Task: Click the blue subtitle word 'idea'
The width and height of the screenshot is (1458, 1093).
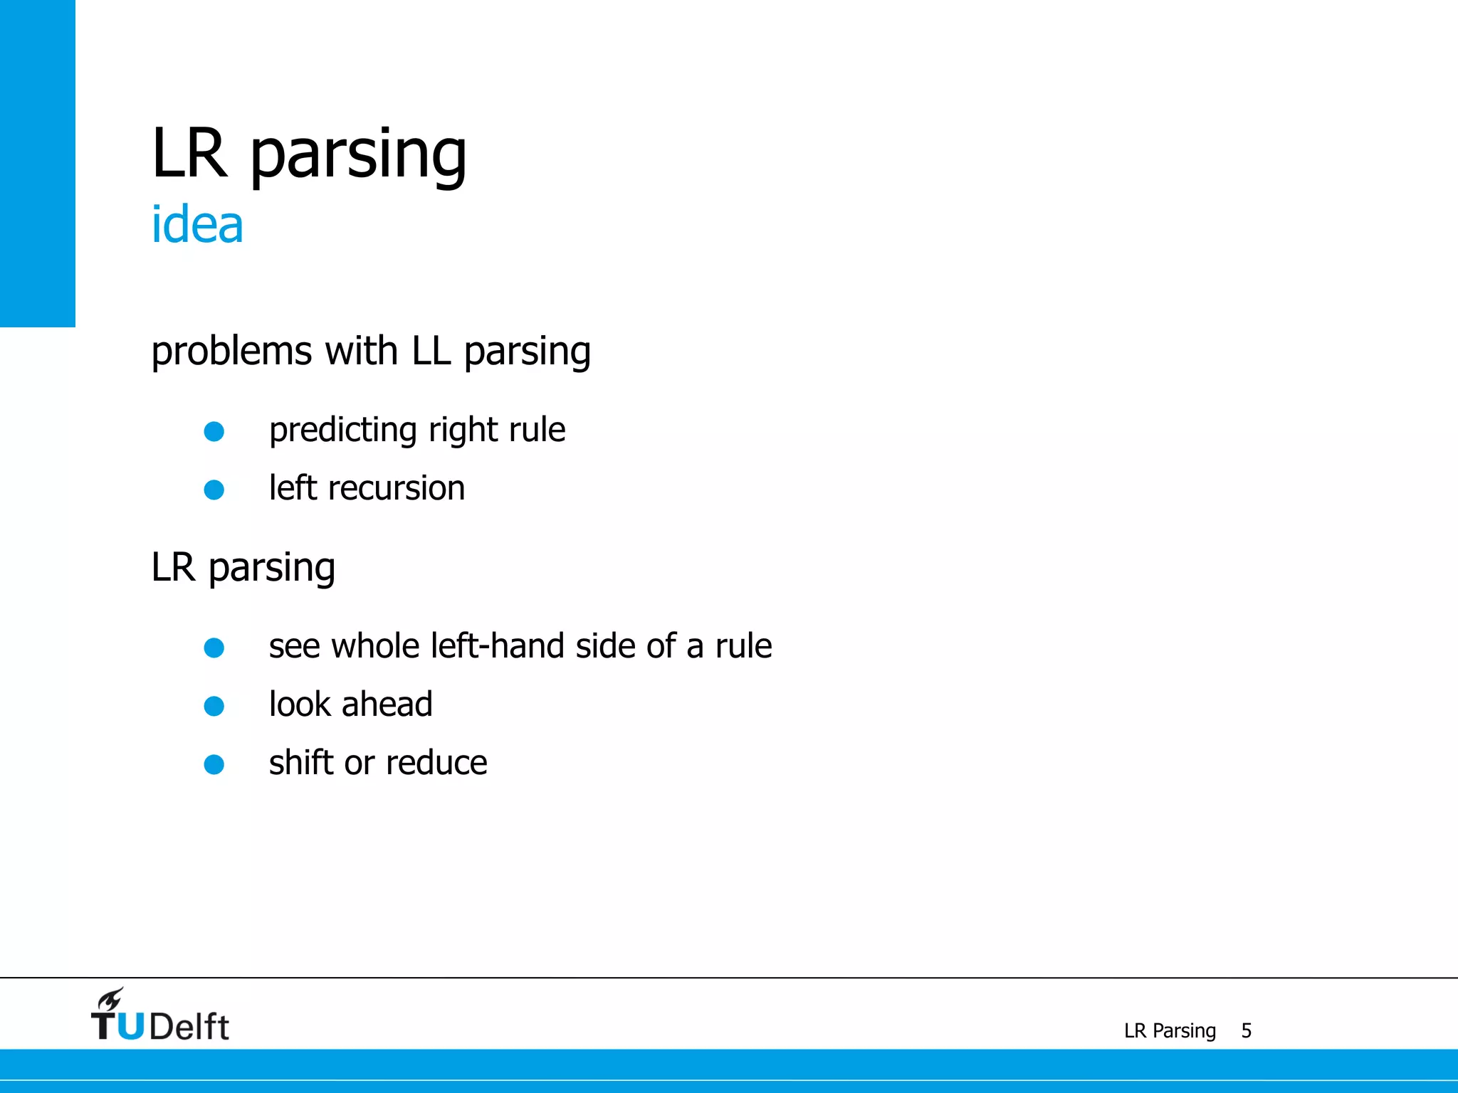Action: [197, 225]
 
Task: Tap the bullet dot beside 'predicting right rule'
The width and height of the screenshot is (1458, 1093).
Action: [214, 431]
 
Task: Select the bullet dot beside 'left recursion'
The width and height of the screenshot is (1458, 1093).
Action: [214, 490]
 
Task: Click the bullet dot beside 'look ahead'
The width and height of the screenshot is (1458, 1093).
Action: [214, 706]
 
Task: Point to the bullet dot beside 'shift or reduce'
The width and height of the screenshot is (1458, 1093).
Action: [214, 764]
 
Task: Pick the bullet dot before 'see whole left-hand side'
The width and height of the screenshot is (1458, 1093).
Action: [214, 648]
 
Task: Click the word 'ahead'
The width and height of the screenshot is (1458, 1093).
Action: [387, 704]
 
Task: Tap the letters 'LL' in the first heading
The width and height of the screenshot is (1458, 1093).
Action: [431, 351]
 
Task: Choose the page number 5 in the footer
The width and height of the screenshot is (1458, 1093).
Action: [1246, 1030]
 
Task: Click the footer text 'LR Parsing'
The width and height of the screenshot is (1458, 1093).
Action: [1170, 1030]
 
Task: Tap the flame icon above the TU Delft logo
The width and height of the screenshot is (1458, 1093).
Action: [111, 998]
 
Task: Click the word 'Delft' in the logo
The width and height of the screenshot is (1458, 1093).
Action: [189, 1027]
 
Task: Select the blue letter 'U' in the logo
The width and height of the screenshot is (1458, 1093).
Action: [130, 1027]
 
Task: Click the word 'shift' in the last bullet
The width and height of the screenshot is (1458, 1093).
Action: [301, 763]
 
